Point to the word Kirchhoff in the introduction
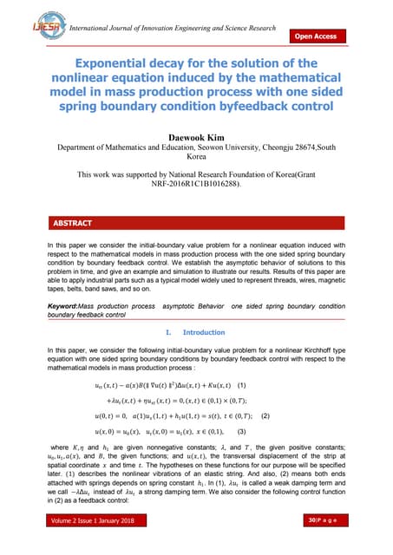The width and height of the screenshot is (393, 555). click(300, 353)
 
